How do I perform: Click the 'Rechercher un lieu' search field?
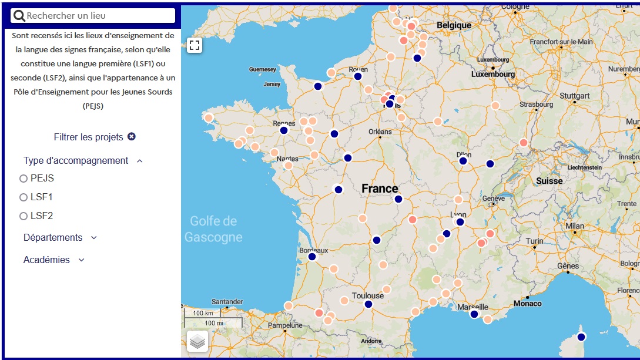(94, 16)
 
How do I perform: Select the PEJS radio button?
(24, 179)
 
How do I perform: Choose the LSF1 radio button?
(24, 197)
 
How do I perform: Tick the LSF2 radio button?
(24, 216)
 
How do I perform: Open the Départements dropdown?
(60, 238)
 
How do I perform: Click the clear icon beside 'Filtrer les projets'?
(132, 137)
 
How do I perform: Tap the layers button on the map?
(197, 341)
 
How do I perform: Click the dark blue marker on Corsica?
(581, 337)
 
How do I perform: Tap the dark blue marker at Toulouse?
(368, 304)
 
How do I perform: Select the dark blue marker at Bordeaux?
(312, 257)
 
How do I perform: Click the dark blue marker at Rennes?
(284, 130)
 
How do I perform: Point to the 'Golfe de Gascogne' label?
(213, 229)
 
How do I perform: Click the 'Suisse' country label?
(549, 181)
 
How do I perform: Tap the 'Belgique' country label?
(454, 26)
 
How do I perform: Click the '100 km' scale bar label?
(202, 313)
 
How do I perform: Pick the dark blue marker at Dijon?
(463, 161)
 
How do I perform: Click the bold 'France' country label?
(380, 189)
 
